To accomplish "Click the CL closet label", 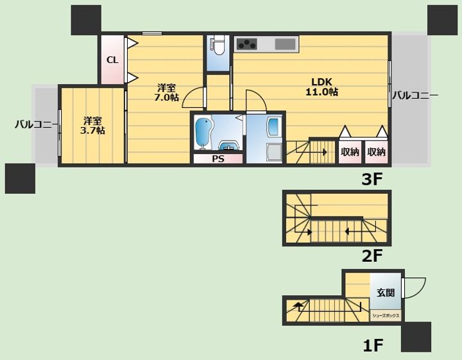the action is (x=112, y=60).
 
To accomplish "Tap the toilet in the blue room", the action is (x=218, y=45).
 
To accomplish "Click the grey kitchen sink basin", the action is (x=285, y=44).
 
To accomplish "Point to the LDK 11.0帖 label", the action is (x=321, y=87).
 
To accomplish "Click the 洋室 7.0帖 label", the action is (x=166, y=92).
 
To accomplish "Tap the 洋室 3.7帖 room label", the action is (x=92, y=126).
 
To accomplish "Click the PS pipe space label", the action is (x=218, y=159).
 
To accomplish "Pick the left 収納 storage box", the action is (x=350, y=152).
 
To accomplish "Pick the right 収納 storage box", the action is (x=376, y=152).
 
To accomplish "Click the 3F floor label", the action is (x=372, y=179).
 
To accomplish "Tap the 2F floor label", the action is (x=372, y=255).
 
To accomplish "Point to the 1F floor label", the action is (x=373, y=345).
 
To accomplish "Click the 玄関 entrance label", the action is (x=386, y=293).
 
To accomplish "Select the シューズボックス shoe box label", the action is (x=386, y=316).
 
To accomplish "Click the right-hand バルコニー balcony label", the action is (x=415, y=95).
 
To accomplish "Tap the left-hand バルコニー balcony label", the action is (x=37, y=124).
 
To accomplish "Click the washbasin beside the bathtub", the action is (x=229, y=146).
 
